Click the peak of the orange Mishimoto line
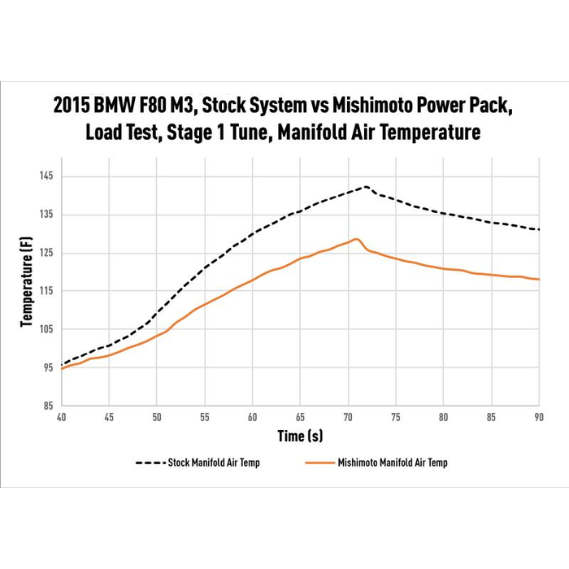(355, 239)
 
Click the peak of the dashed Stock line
(367, 187)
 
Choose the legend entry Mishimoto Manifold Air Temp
(392, 463)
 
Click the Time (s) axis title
(300, 437)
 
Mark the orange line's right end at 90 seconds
(539, 280)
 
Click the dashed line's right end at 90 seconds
(539, 229)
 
